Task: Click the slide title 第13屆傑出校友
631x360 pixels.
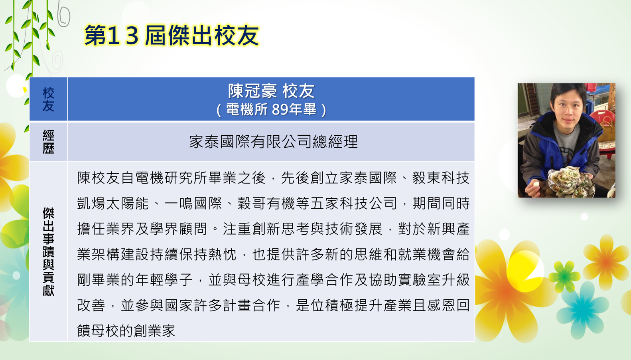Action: click(172, 36)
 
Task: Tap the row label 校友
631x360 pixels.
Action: click(48, 99)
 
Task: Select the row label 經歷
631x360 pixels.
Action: click(48, 142)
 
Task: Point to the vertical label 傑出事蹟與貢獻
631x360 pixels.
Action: click(48, 252)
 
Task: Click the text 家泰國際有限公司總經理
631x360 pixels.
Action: click(273, 142)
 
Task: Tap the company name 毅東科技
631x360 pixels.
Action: click(441, 178)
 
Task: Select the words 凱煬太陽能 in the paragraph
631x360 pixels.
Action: click(112, 203)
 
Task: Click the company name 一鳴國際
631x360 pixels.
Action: click(193, 203)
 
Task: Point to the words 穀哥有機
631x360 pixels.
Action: click(266, 203)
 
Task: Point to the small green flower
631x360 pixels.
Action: click(564, 276)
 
